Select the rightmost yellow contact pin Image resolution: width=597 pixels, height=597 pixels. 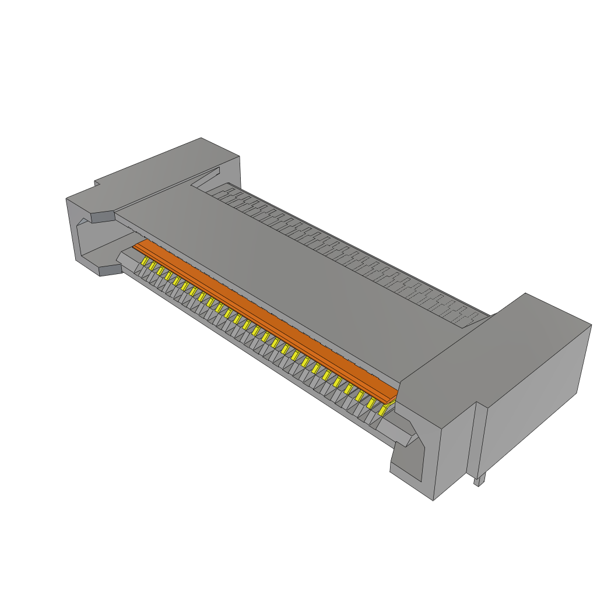point(383,411)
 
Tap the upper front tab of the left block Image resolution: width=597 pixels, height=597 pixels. point(102,217)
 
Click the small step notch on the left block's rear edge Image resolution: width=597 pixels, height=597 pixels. point(96,184)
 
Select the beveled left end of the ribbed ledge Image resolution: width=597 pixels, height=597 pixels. point(125,257)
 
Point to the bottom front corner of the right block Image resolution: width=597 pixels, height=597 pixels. point(434,498)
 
